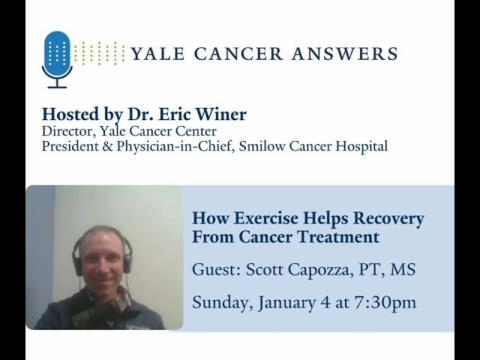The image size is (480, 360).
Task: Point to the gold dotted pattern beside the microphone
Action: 100,53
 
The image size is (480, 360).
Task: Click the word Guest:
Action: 215,269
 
